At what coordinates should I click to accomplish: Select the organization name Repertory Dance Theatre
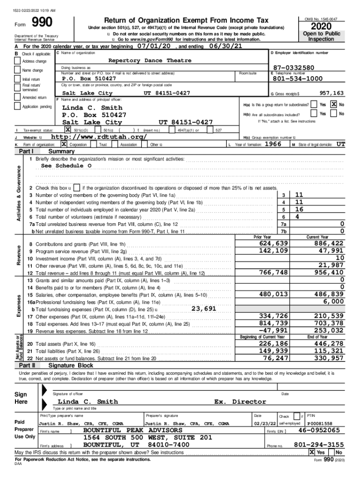[x=150, y=61]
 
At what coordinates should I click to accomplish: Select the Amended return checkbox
[x=18, y=97]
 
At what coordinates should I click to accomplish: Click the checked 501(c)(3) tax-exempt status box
[x=68, y=130]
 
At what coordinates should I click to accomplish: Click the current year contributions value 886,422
[x=329, y=244]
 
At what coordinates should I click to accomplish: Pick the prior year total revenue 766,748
[x=274, y=272]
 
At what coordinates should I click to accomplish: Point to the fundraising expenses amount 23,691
[x=204, y=308]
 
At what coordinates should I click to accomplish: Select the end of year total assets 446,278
[x=329, y=344]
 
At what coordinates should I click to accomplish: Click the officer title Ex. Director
[x=240, y=402]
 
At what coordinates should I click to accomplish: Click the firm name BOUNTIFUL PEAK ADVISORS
[x=133, y=430]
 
